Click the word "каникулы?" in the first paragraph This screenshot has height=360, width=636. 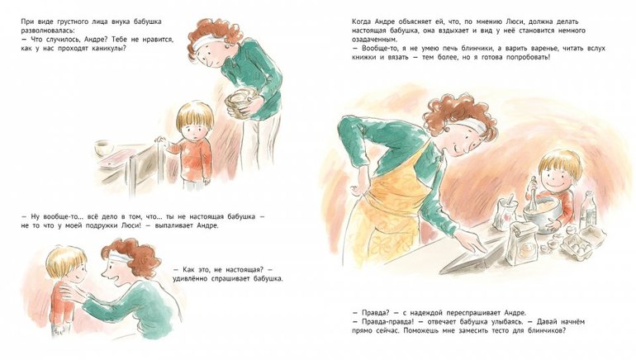click(x=109, y=48)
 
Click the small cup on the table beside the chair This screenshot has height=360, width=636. click(x=103, y=148)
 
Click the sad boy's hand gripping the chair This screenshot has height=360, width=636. click(x=161, y=140)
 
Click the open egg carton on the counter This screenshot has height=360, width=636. click(x=580, y=244)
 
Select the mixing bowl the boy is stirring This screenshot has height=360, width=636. click(x=542, y=213)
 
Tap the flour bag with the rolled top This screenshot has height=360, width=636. click(x=522, y=244)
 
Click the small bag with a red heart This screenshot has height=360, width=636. click(x=505, y=214)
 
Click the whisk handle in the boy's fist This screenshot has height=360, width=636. click(x=534, y=187)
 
